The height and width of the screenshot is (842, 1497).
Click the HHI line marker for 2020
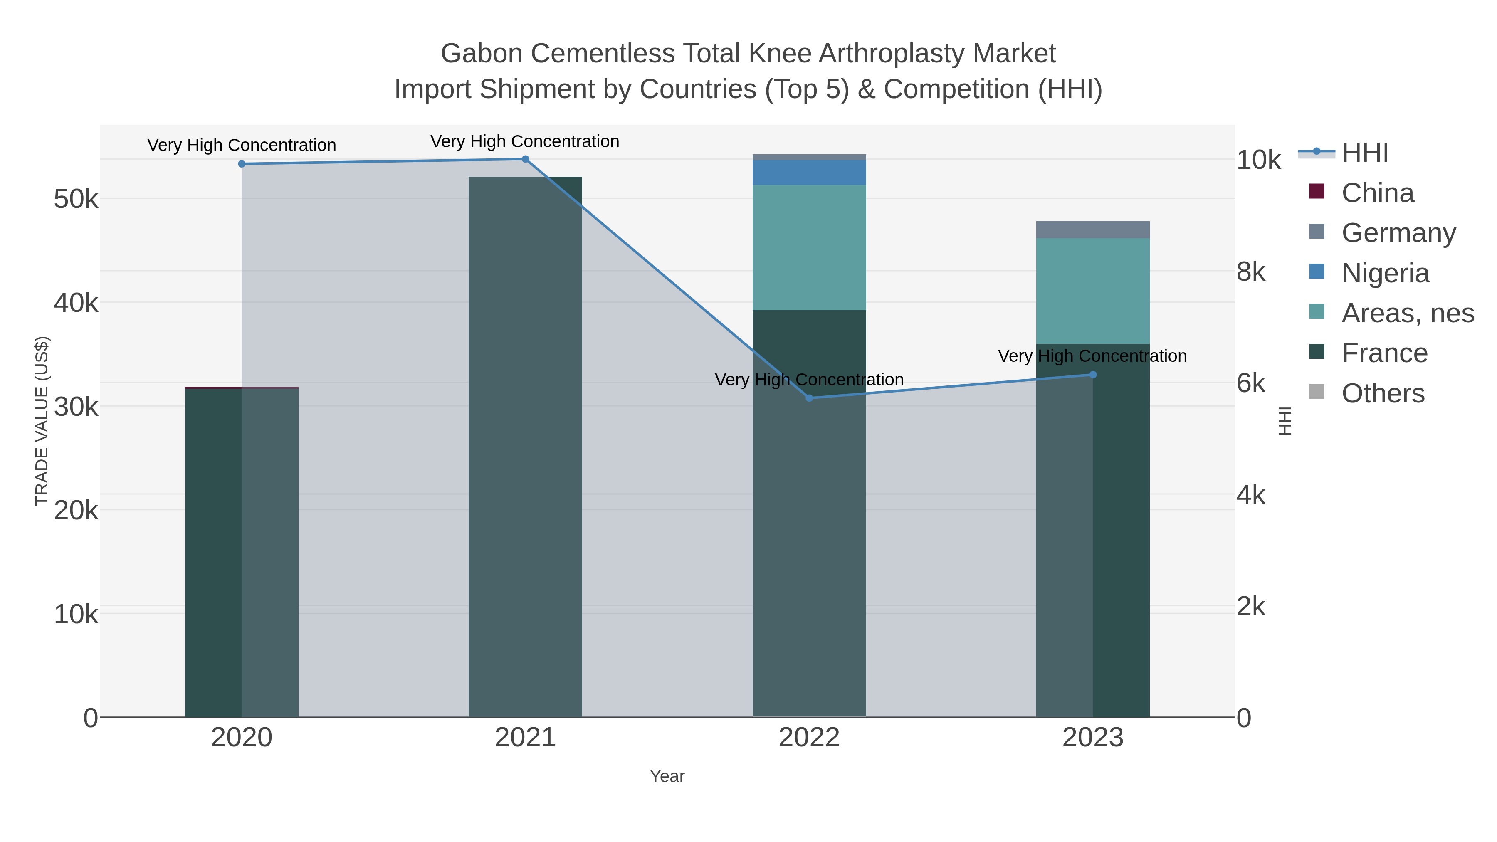point(242,164)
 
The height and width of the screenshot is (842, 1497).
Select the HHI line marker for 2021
point(525,159)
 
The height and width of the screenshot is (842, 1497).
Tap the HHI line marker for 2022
point(809,398)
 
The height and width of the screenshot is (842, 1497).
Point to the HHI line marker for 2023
point(1092,375)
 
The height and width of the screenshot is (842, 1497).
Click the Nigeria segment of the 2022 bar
point(809,173)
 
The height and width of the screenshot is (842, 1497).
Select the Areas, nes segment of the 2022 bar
point(809,247)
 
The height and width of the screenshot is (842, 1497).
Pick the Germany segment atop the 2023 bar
point(1092,230)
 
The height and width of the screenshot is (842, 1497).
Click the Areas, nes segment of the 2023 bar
point(1092,291)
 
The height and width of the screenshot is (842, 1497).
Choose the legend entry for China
point(1377,193)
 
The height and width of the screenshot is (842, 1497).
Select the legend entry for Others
point(1383,393)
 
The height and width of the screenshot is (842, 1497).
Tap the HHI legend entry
point(1364,153)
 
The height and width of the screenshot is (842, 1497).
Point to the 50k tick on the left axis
point(76,199)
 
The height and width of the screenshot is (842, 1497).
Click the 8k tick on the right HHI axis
point(1250,272)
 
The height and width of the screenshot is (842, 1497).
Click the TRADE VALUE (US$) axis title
point(42,421)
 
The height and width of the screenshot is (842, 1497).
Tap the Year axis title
point(667,776)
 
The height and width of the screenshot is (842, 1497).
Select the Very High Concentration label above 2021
point(525,141)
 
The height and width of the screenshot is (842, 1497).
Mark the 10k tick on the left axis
point(76,614)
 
